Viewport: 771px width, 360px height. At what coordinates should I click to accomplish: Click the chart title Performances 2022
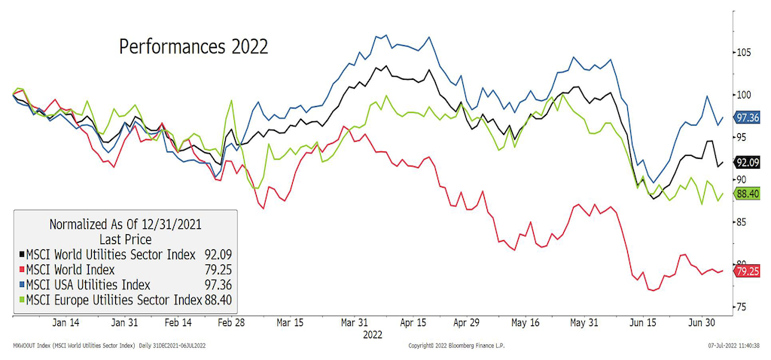pos(194,46)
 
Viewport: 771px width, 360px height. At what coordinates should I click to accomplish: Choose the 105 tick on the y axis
pos(745,53)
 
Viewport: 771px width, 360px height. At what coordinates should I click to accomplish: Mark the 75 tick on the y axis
pos(742,307)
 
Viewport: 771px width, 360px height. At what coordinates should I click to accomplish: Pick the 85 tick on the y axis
pos(742,222)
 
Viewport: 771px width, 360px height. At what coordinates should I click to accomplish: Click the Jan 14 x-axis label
pos(68,322)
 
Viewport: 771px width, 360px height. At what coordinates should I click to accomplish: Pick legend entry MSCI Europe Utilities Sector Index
pos(113,301)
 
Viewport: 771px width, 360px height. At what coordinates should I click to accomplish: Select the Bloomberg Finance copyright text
pos(456,346)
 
